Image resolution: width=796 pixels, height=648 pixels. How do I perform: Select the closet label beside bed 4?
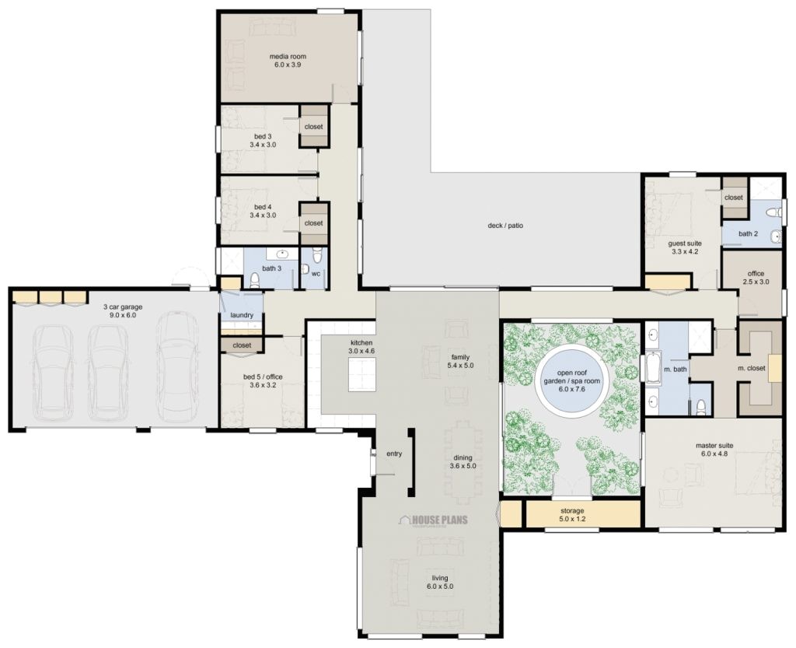click(x=313, y=223)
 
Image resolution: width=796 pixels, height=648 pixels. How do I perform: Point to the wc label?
click(x=316, y=274)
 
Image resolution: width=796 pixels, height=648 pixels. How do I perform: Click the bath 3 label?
click(x=271, y=268)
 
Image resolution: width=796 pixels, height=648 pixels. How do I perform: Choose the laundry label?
click(x=242, y=316)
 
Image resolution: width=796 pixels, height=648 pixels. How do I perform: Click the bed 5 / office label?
click(x=263, y=377)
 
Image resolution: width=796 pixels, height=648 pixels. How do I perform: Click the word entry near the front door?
click(x=393, y=454)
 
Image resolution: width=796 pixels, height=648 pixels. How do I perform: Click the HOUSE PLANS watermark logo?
click(x=434, y=520)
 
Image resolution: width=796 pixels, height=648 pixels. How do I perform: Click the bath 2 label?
click(x=747, y=233)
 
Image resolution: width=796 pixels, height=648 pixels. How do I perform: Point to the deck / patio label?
click(x=504, y=226)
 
